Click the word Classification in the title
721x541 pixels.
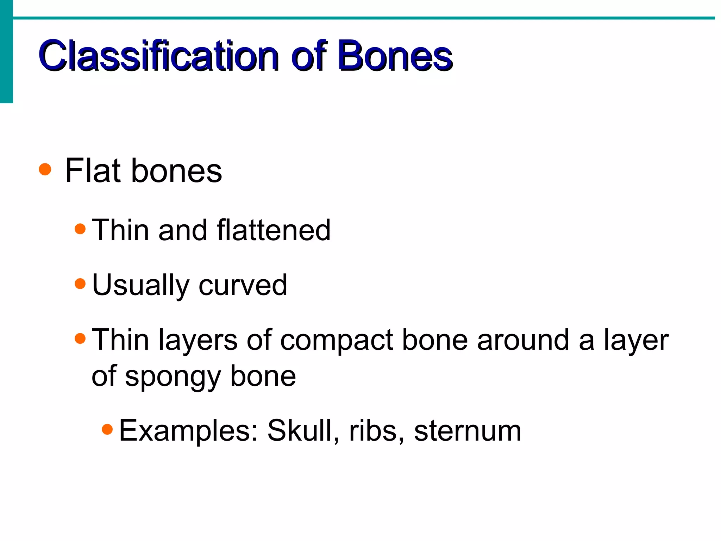pyautogui.click(x=158, y=56)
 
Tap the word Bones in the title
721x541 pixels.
pyautogui.click(x=395, y=56)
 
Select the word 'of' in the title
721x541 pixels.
pyautogui.click(x=309, y=56)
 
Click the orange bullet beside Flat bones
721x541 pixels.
pyautogui.click(x=45, y=169)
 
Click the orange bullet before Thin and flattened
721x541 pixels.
pyautogui.click(x=80, y=229)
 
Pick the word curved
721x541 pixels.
pyautogui.click(x=243, y=285)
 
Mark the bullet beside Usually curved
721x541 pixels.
pyautogui.click(x=80, y=284)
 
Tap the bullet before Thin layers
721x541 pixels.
pyautogui.click(x=80, y=338)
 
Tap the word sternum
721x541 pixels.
pyautogui.click(x=468, y=431)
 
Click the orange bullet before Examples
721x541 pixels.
pyautogui.click(x=107, y=429)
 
